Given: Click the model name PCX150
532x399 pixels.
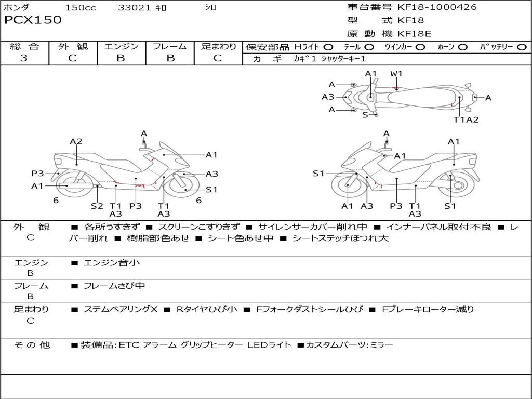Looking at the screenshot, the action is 33,20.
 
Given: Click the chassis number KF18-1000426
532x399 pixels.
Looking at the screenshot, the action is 437,7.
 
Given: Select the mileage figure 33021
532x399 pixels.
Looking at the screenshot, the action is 134,8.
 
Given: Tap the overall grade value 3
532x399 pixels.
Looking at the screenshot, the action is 24,58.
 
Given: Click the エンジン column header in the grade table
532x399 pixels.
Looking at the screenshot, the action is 121,47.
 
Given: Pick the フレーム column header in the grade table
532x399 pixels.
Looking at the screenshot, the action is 169,47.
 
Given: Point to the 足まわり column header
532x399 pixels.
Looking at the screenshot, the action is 218,47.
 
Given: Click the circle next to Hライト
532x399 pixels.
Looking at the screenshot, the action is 328,47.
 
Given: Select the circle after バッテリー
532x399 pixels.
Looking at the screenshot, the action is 522,47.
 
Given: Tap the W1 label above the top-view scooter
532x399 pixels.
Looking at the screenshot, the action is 396,74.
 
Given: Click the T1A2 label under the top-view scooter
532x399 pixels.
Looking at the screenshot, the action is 465,119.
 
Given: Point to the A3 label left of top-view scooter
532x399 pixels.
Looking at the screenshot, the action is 328,97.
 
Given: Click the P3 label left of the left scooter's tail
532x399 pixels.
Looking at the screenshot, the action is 37,174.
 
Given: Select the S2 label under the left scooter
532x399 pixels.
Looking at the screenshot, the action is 97,206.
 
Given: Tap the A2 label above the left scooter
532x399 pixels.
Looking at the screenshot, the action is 76,141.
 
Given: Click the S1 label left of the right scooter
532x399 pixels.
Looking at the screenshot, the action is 318,174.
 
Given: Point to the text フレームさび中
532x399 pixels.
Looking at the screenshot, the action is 114,286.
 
